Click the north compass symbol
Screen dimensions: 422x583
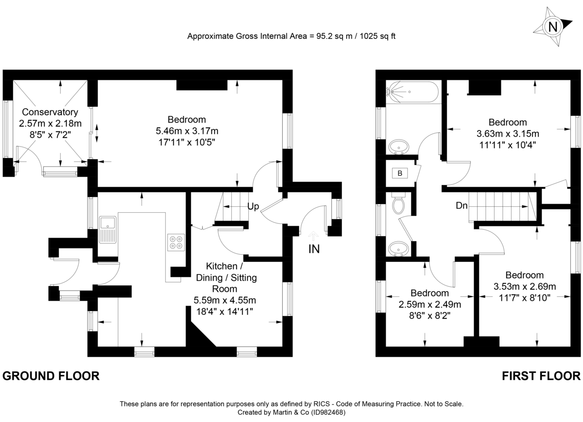pyautogui.click(x=552, y=27)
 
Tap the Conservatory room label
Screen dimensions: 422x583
pyautogui.click(x=50, y=112)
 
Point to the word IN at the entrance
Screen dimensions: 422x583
pyautogui.click(x=314, y=249)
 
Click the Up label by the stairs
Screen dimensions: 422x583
pyautogui.click(x=253, y=207)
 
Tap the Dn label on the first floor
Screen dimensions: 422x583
pyautogui.click(x=462, y=206)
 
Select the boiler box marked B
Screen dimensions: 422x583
pyautogui.click(x=400, y=173)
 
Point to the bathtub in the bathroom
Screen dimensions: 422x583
pyautogui.click(x=412, y=92)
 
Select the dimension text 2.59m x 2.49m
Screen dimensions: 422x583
pyautogui.click(x=429, y=305)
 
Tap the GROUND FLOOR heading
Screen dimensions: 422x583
pyautogui.click(x=51, y=376)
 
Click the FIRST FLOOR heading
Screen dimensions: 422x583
pyautogui.click(x=541, y=376)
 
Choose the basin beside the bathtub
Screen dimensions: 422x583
pyautogui.click(x=399, y=146)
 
